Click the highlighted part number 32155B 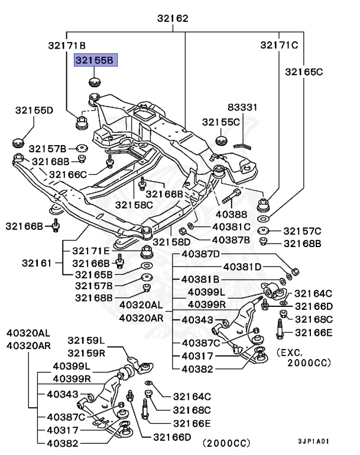[96, 59]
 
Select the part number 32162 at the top [173, 19]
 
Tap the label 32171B [67, 45]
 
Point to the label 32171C [280, 45]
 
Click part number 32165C [303, 72]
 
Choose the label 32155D [34, 110]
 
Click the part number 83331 [244, 107]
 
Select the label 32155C [221, 121]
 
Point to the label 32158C [134, 205]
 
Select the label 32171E [92, 251]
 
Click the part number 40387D [200, 254]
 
